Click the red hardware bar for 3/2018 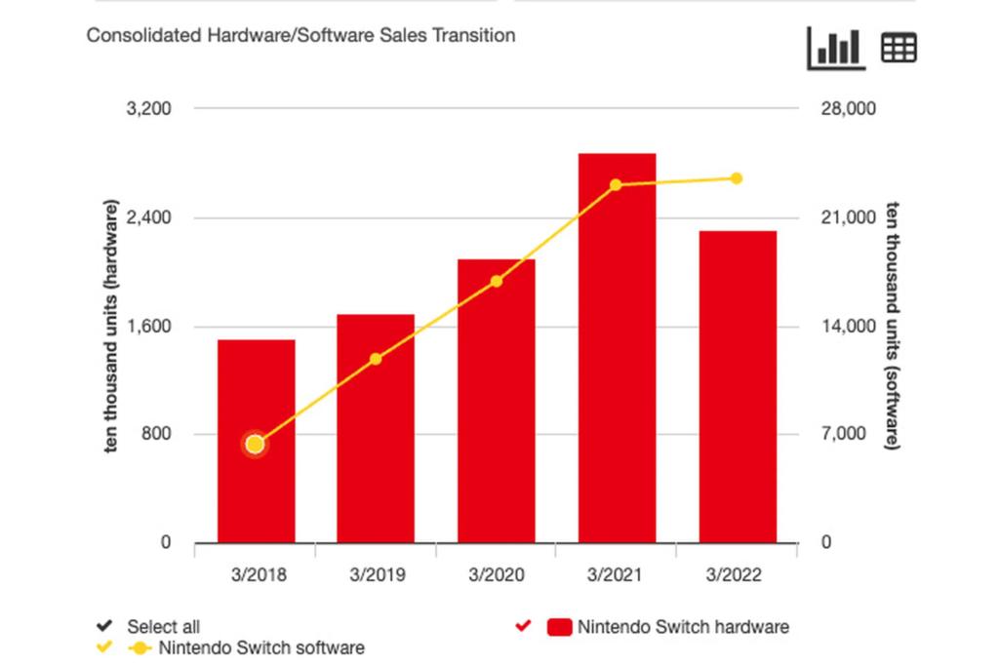256,488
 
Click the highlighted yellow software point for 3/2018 256,445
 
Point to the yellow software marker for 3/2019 376,359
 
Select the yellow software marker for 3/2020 497,282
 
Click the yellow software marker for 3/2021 617,185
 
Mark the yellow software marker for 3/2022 737,178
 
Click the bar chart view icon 836,48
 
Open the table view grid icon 899,48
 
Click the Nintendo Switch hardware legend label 683,626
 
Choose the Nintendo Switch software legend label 261,647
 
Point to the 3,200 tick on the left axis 150,108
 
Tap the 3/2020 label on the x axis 497,574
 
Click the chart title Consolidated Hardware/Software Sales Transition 300,35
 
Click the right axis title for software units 893,326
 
